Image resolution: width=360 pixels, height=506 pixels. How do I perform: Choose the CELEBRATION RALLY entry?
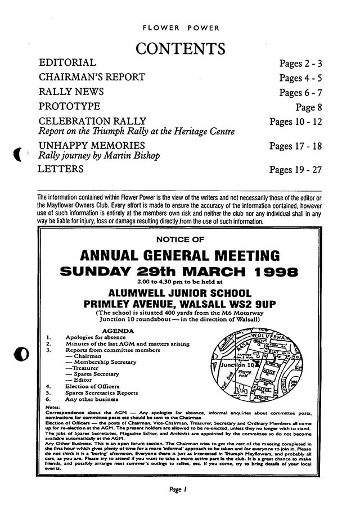click(x=92, y=121)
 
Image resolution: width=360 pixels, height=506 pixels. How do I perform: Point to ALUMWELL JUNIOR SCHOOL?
click(x=180, y=292)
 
